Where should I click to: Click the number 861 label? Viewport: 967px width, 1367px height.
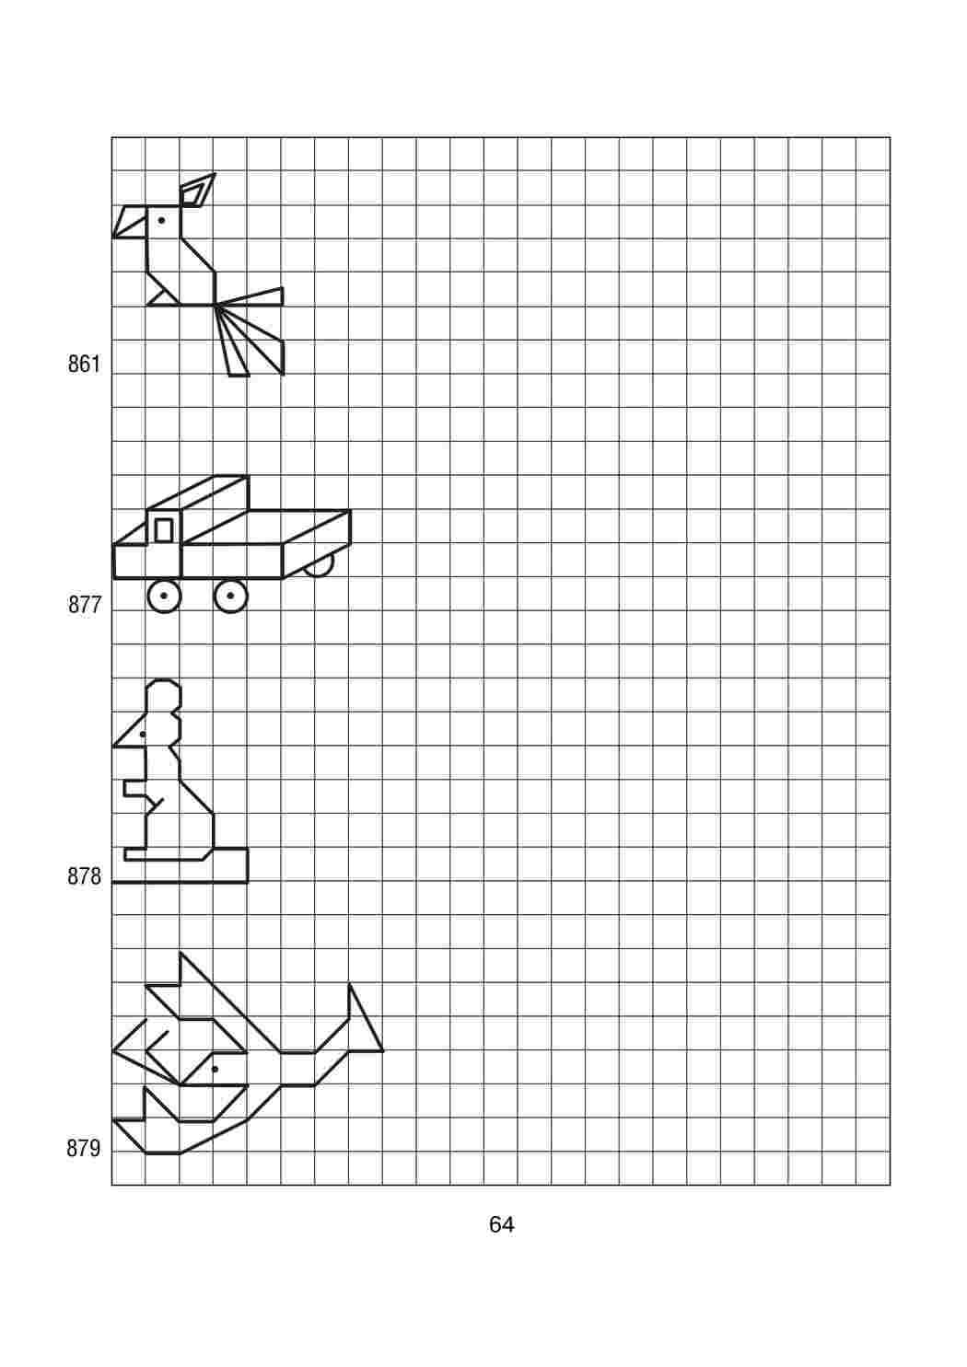point(84,365)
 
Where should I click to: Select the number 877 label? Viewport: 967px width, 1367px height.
point(84,605)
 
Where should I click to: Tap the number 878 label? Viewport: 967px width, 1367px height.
point(84,877)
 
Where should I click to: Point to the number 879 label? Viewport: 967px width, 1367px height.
point(84,1149)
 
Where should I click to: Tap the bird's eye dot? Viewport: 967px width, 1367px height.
point(161,220)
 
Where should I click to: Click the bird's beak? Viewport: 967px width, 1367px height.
point(130,222)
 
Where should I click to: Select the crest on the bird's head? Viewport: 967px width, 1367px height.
point(196,191)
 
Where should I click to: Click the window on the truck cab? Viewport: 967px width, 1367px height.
point(164,530)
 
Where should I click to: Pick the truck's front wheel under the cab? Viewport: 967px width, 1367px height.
point(164,596)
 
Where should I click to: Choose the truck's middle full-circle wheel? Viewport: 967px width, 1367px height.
point(231,596)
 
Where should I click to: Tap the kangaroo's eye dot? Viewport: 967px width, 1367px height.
point(142,735)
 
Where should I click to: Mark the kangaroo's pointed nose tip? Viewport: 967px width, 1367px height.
point(114,746)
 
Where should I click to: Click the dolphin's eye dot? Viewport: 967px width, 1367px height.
point(215,1069)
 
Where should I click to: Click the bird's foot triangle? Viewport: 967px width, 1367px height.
point(163,297)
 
